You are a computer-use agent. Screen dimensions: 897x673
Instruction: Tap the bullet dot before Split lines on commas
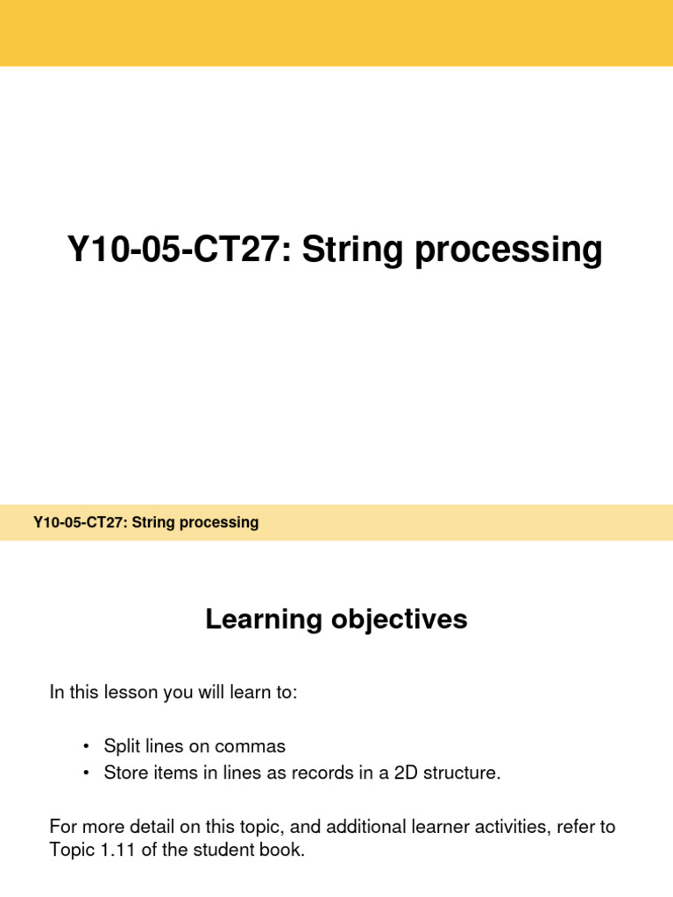coord(86,746)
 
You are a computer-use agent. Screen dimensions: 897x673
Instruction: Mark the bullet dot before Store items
coord(86,773)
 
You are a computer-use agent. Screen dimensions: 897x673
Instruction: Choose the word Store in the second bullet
coord(124,773)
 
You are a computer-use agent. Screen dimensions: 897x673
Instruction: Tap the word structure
coord(464,773)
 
